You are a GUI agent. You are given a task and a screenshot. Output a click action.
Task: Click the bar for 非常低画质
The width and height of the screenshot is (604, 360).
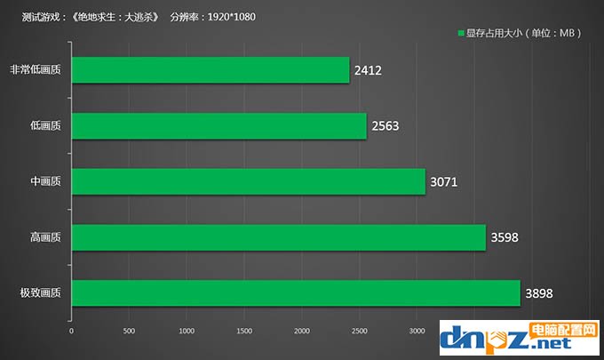[x=211, y=70]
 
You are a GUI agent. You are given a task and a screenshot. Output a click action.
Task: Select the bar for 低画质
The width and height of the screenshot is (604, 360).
[x=219, y=126]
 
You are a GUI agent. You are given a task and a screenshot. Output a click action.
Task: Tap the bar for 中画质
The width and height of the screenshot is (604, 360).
[x=248, y=181]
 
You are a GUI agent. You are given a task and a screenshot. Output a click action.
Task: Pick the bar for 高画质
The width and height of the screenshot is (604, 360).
[x=278, y=237]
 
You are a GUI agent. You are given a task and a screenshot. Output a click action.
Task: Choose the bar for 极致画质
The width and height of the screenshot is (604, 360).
[x=295, y=293]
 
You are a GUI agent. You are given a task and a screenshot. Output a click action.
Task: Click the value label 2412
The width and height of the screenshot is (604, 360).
[x=367, y=70]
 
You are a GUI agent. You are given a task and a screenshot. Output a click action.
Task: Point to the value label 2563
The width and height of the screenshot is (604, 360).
[x=385, y=126]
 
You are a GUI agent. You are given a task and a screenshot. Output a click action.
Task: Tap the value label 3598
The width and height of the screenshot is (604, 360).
[x=504, y=237]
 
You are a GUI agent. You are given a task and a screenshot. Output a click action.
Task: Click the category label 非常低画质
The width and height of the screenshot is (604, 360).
[x=36, y=70]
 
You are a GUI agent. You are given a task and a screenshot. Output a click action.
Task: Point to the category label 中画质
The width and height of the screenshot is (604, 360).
[x=44, y=182]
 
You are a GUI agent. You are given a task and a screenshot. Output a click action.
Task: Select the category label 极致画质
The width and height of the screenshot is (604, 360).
[x=40, y=293]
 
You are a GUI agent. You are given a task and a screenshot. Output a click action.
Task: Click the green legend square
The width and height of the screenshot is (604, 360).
[x=460, y=34]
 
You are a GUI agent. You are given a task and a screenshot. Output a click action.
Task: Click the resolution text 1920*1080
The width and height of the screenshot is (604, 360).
[x=226, y=16]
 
